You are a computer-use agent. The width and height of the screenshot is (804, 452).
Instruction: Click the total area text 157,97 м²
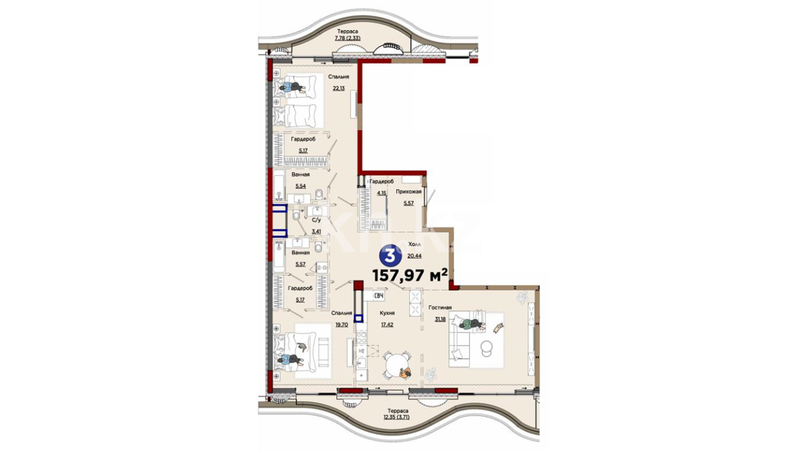(x=410, y=276)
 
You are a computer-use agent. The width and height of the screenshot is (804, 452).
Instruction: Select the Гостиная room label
(x=440, y=307)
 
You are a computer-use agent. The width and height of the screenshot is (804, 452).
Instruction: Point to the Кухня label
(x=387, y=313)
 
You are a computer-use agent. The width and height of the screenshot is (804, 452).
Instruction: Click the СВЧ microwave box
(x=379, y=296)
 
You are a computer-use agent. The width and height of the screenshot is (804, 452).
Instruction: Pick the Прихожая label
(x=408, y=192)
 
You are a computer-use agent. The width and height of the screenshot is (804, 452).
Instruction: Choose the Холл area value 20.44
(x=414, y=256)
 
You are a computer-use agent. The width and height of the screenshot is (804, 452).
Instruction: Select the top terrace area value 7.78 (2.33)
(x=347, y=38)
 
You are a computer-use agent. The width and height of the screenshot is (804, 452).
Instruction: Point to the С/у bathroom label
(x=316, y=219)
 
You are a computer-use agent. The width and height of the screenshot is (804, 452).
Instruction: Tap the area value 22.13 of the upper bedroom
(x=338, y=88)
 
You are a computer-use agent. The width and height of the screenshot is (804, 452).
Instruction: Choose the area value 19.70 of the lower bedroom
(x=341, y=324)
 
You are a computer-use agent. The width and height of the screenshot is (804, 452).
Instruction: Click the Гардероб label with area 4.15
(x=381, y=181)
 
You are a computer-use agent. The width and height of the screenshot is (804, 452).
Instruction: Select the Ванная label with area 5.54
(x=301, y=175)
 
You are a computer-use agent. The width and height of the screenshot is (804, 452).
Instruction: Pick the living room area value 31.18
(x=440, y=319)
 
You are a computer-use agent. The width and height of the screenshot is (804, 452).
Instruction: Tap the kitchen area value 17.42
(x=387, y=324)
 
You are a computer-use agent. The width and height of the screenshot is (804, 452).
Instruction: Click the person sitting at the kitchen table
(x=405, y=372)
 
